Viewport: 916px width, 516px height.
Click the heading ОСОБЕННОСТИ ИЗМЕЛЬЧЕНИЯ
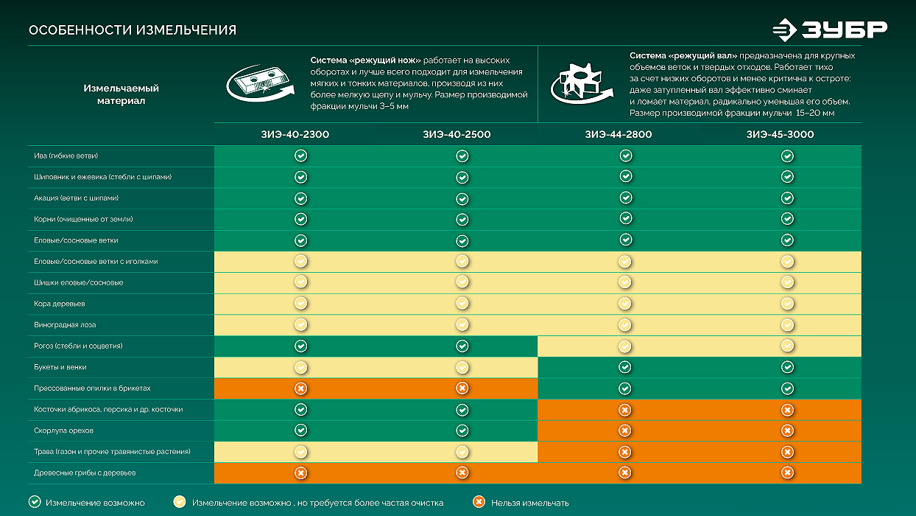pos(133,30)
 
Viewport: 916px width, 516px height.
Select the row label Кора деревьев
pos(60,304)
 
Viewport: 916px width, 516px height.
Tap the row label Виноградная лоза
pos(65,325)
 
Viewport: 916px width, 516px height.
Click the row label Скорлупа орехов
pos(63,430)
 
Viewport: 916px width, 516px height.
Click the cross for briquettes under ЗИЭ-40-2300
pos(300,388)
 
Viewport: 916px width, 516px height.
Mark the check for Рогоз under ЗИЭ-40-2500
pos(462,346)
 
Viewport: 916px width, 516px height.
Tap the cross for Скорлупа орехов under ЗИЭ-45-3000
pos(787,430)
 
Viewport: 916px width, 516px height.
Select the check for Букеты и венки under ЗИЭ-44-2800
pos(625,367)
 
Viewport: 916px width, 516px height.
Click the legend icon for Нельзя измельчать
pos(479,502)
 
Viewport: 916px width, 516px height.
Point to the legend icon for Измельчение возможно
pos(35,502)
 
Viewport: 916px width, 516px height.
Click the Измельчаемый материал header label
pos(121,94)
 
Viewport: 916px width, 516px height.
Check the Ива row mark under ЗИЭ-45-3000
pos(787,156)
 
